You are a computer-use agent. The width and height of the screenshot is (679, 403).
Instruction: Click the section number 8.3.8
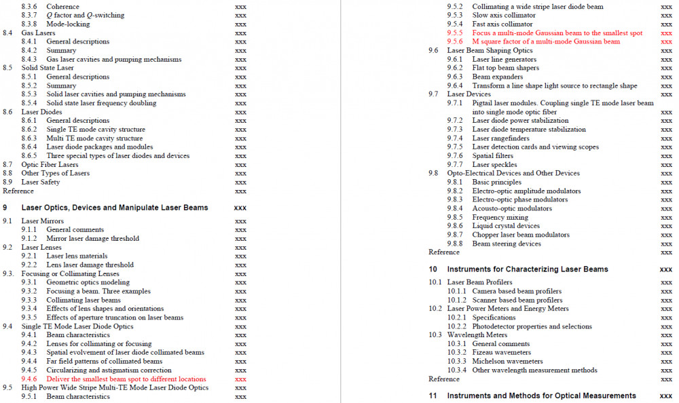pos(29,24)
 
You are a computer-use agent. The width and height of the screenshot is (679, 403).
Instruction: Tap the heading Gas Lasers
pos(38,33)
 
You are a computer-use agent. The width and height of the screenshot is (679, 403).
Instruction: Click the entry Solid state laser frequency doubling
pos(101,103)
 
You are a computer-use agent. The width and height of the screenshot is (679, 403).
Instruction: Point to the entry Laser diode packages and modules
pos(100,147)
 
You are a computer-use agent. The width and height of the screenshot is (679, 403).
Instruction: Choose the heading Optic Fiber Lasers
pos(50,164)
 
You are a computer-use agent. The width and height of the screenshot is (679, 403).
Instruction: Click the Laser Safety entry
pos(41,182)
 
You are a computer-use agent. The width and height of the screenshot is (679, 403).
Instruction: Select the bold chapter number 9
pos(5,208)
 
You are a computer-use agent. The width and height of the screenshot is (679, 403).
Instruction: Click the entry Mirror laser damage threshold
pos(92,238)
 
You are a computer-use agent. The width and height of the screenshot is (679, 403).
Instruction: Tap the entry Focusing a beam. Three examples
pos(98,291)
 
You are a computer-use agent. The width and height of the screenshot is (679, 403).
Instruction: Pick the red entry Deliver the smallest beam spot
pos(126,379)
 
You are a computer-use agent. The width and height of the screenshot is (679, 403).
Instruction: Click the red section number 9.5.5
pos(455,33)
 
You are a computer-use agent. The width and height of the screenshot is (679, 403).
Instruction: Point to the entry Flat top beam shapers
pos(505,68)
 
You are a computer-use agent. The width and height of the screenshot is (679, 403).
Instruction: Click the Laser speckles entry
pos(494,164)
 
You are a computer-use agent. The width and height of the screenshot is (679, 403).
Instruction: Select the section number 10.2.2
pos(457,326)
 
